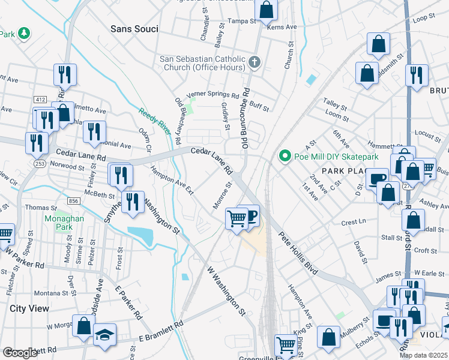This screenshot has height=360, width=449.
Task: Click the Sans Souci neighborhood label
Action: pos(134,29)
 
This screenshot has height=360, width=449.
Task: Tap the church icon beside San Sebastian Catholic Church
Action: pos(255,62)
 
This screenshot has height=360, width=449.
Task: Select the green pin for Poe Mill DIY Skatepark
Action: pos(285,157)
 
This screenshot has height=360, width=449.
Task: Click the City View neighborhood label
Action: pos(29,308)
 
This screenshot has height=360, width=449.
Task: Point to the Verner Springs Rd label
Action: pos(212,94)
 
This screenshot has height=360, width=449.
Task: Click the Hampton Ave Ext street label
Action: pos(172,181)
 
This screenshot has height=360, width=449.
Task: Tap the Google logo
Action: pos(20,353)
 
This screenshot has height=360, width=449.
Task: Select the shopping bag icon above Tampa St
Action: pos(266,10)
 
